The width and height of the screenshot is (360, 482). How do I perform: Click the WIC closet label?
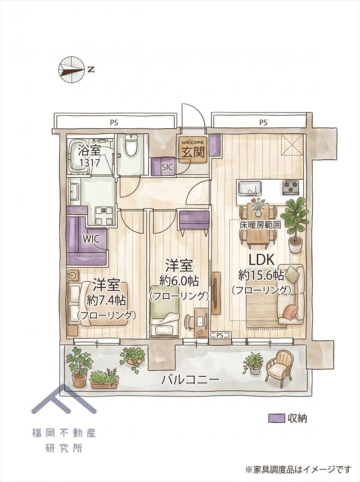(x=91, y=239)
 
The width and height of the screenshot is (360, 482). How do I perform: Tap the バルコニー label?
(x=191, y=380)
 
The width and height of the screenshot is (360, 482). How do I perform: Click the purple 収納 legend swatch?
(x=276, y=418)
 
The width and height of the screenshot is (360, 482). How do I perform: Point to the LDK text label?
(x=261, y=260)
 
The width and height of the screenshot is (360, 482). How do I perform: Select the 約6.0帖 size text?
(x=179, y=281)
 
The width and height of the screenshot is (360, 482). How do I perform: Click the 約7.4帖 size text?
(x=106, y=300)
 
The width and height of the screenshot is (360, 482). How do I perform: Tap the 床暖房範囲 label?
(x=261, y=225)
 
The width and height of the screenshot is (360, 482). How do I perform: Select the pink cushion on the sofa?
(x=290, y=311)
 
